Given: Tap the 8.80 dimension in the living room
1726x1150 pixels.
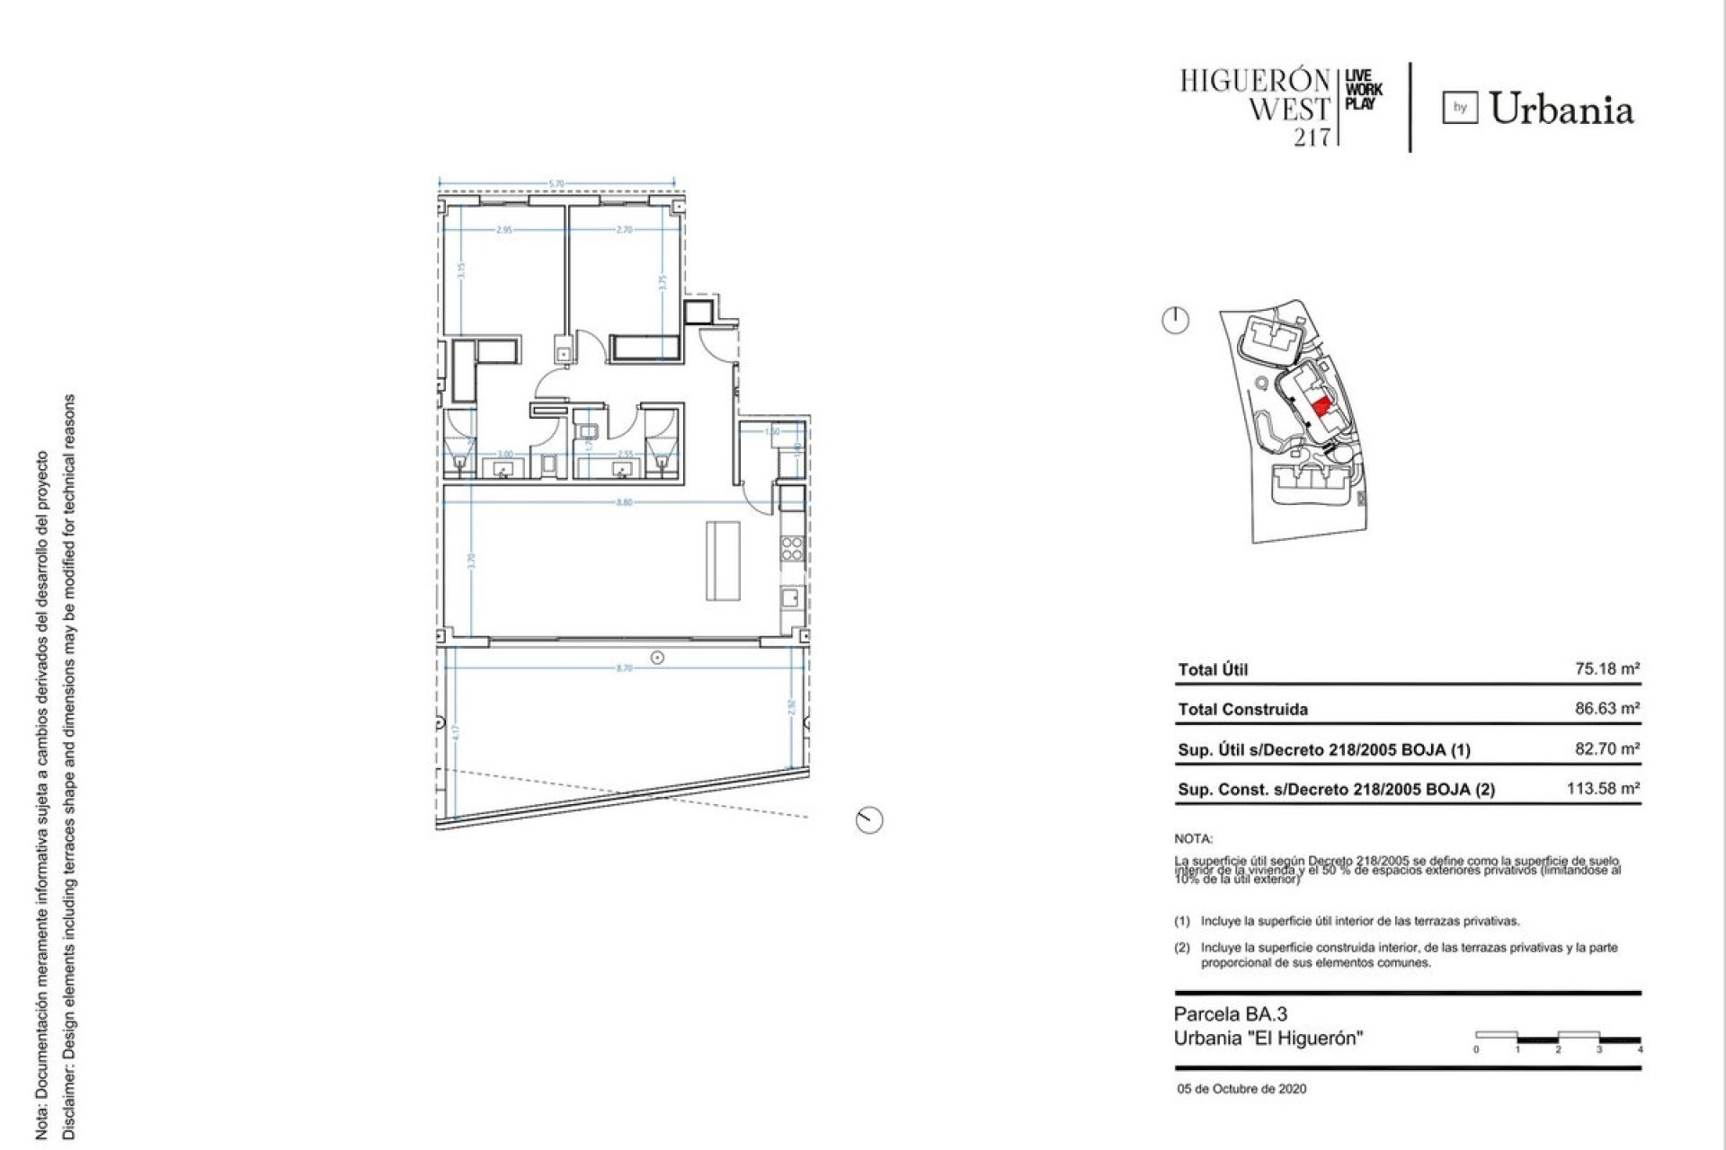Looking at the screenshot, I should (x=624, y=502).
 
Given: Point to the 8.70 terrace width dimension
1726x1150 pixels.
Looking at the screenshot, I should (x=624, y=668).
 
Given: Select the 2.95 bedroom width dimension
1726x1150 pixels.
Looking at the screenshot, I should (x=503, y=230).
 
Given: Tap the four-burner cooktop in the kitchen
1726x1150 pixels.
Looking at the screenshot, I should (x=792, y=549).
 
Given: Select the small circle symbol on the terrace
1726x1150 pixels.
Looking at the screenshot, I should (x=658, y=658).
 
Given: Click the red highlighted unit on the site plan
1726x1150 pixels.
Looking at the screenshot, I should (x=1321, y=405).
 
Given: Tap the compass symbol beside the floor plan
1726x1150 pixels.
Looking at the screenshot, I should (x=869, y=819).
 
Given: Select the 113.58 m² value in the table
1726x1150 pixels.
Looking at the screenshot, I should (x=1603, y=788).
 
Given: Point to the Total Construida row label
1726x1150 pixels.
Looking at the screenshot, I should (x=1242, y=709).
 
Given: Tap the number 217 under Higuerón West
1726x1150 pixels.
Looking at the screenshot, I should (x=1311, y=137).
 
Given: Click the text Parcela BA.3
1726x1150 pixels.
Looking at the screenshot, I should (x=1230, y=1014).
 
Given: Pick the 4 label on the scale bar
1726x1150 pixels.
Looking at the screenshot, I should (x=1640, y=1049).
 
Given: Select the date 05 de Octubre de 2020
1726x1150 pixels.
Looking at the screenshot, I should (x=1241, y=1089).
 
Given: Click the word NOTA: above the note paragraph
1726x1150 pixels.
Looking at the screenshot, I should (x=1193, y=839).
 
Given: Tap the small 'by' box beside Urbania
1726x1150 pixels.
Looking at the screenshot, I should (x=1460, y=109).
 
